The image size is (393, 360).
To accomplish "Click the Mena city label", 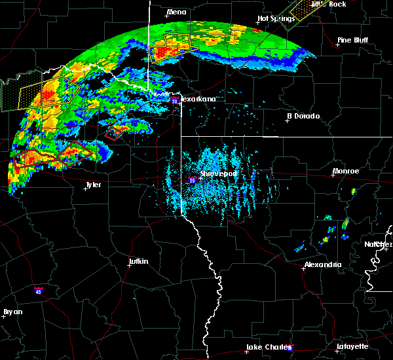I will (177, 12).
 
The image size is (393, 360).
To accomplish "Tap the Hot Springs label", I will (274, 18).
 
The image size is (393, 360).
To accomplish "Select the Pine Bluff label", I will (352, 40).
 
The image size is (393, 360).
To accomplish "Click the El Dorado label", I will (304, 116).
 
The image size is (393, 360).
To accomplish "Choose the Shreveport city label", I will (218, 173).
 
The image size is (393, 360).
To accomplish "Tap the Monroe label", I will (346, 171).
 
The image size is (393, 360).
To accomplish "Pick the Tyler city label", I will (94, 185).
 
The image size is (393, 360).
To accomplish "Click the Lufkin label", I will (138, 262).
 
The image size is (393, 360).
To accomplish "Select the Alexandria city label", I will (323, 265).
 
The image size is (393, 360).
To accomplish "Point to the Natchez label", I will (379, 244).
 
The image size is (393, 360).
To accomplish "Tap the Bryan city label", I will (12, 312).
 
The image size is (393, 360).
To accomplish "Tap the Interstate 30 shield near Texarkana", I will (174, 101).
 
